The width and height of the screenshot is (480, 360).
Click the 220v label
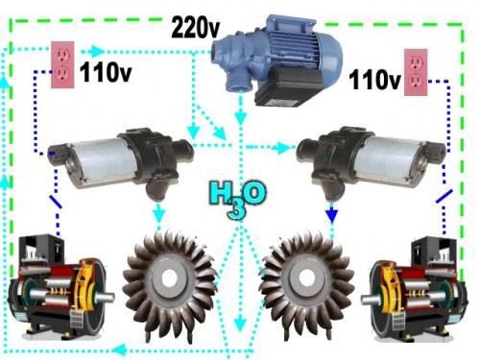point(196,28)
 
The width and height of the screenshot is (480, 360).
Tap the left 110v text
point(106,72)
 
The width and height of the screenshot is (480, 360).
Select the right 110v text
point(374,79)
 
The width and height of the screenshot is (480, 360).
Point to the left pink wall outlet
point(62,64)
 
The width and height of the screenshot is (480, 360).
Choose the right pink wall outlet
point(416,72)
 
